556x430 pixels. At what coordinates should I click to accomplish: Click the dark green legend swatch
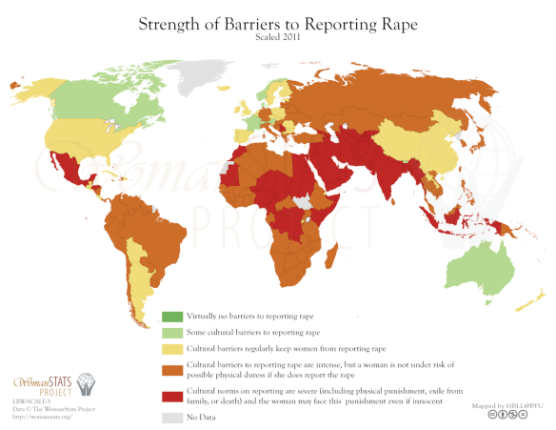pyautogui.click(x=170, y=317)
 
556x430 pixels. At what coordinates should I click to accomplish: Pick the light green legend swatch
pyautogui.click(x=170, y=332)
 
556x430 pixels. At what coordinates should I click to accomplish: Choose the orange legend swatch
pyautogui.click(x=170, y=367)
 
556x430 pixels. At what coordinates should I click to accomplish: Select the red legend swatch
pyautogui.click(x=170, y=395)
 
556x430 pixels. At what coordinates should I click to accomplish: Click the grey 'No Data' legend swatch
pyautogui.click(x=170, y=416)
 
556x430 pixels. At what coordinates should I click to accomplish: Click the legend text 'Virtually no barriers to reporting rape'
pyautogui.click(x=248, y=317)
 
